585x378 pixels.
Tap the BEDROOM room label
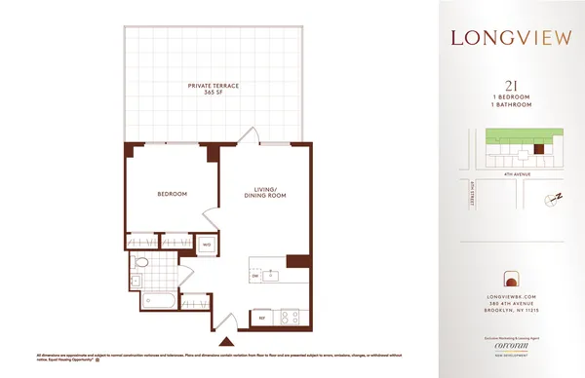pos(172,193)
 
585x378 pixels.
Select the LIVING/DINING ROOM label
pos(263,193)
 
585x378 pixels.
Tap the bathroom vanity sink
pos(136,281)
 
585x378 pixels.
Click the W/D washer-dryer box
pos(207,245)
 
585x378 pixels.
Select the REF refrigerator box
pos(261,317)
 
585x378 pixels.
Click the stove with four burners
pos(290,316)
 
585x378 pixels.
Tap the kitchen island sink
pos(273,276)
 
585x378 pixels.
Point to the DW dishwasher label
pos(255,277)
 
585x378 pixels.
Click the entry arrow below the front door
pos(228,341)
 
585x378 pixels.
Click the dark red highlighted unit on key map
pos(535,151)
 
